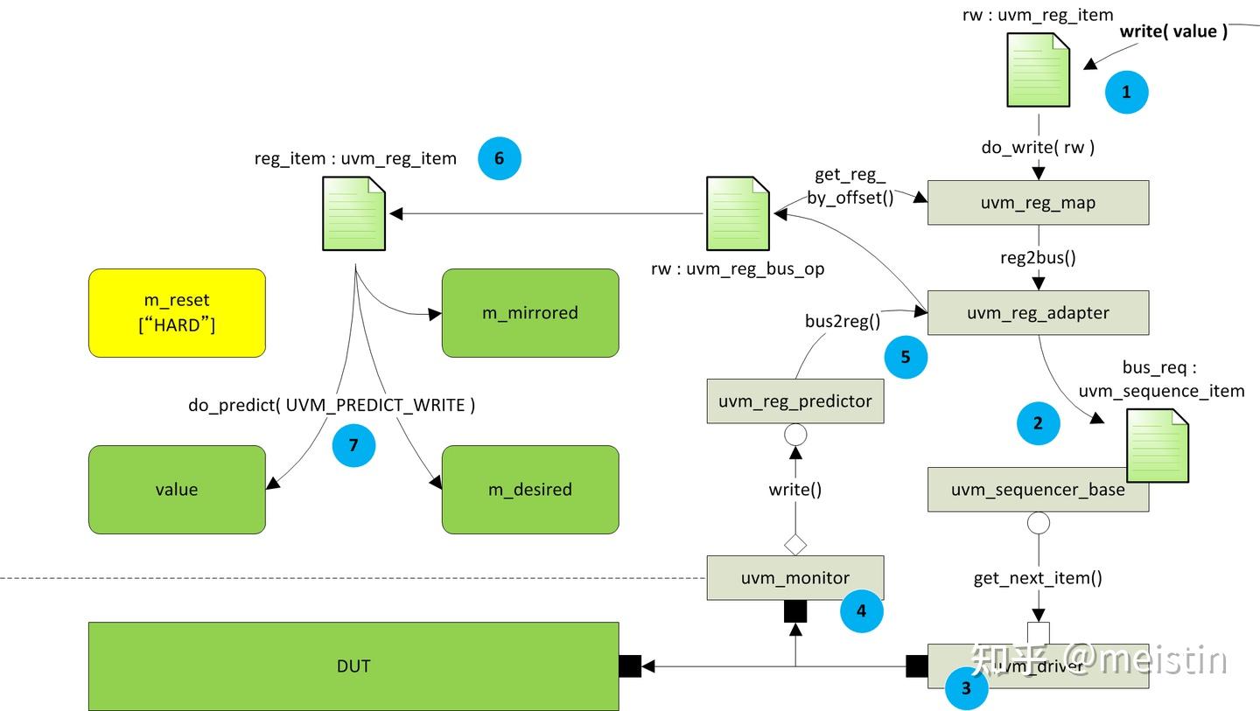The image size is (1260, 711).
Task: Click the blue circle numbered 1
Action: (x=1126, y=92)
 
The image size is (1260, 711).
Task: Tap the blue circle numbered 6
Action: (x=499, y=158)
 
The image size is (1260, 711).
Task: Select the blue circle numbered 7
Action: (x=353, y=445)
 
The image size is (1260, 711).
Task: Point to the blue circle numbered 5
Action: (x=906, y=357)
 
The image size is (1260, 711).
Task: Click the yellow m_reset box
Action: (x=177, y=313)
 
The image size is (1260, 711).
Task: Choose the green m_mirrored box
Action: (x=530, y=313)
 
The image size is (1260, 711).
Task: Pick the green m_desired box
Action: (x=530, y=490)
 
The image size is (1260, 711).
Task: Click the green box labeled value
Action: (x=177, y=490)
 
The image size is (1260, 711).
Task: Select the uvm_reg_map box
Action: (x=1038, y=203)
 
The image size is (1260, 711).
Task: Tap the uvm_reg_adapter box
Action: (x=1038, y=313)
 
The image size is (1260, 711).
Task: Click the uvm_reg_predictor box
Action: (x=794, y=401)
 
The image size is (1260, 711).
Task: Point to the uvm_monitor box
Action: (x=794, y=578)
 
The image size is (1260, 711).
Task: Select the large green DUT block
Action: (x=353, y=666)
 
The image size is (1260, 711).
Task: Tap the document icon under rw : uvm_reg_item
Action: (x=1039, y=70)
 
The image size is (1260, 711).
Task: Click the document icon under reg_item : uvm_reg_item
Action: (x=353, y=213)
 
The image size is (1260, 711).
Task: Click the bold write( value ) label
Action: (x=1173, y=31)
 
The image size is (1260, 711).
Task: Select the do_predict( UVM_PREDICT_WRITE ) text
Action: (x=332, y=405)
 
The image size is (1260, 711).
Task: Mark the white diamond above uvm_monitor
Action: (x=794, y=545)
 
